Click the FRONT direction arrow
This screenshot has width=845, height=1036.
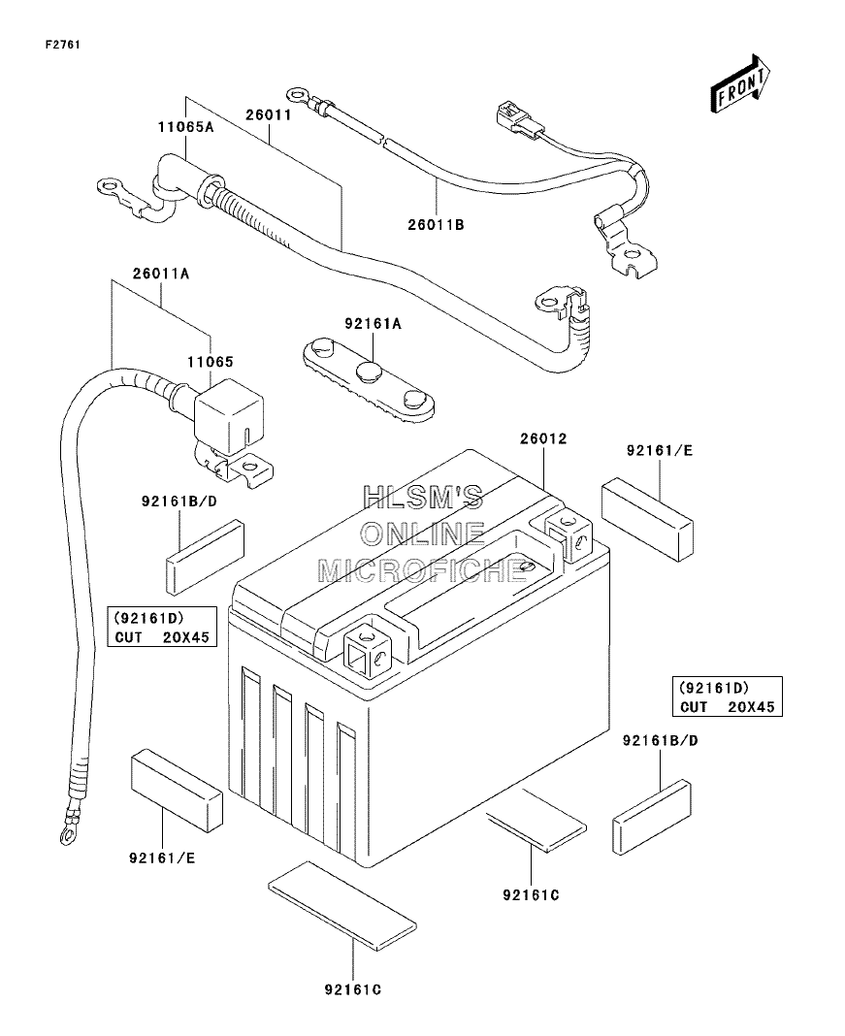[x=740, y=84]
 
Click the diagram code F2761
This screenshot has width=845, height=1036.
[x=63, y=45]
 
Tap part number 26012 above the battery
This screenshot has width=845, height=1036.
[x=543, y=438]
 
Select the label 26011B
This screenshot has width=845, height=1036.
[x=436, y=225]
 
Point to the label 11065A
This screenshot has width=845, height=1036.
[x=185, y=127]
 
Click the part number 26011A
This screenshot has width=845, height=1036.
[x=161, y=274]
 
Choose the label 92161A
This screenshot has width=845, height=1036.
[x=373, y=324]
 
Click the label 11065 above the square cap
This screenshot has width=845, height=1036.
[x=211, y=362]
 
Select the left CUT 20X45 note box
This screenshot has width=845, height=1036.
[x=162, y=627]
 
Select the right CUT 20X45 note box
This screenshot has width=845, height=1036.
[x=727, y=696]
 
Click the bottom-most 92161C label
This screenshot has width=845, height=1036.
[x=353, y=989]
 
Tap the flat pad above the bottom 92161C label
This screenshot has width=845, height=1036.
[x=342, y=900]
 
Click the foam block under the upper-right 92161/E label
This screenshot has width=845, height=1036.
[x=647, y=519]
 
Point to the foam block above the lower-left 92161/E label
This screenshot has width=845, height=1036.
[x=178, y=789]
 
